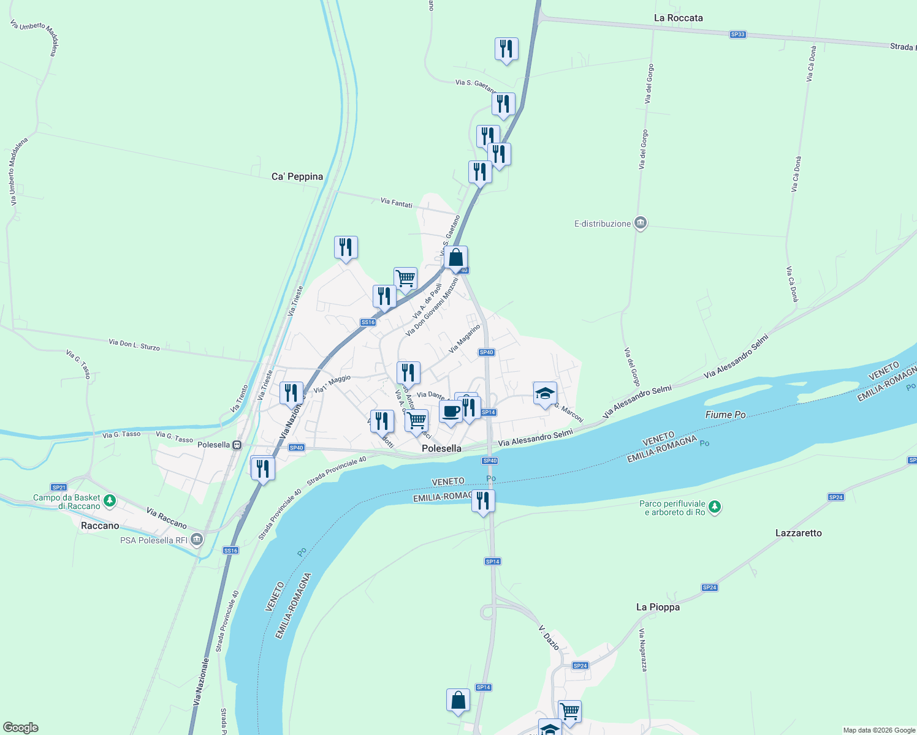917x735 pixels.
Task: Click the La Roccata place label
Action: [x=678, y=18]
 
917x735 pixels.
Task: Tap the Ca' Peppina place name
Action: [x=297, y=176]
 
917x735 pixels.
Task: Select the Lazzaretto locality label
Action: [x=798, y=533]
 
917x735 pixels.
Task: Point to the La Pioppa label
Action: [x=658, y=607]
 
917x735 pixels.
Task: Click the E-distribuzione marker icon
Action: [x=641, y=223]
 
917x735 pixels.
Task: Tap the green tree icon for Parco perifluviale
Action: [x=715, y=507]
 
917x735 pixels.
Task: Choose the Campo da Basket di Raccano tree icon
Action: [x=110, y=501]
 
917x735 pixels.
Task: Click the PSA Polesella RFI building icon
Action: [x=196, y=540]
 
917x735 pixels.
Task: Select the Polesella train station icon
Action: [x=237, y=445]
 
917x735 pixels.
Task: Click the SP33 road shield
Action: [x=737, y=34]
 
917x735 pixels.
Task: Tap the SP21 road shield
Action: [x=59, y=488]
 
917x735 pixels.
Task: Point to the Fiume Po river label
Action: [x=725, y=415]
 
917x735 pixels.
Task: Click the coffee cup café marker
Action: [x=451, y=412]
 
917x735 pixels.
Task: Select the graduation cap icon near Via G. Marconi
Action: [x=545, y=393]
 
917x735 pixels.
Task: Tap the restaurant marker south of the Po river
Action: [x=483, y=501]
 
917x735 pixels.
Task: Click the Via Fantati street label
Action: [x=397, y=202]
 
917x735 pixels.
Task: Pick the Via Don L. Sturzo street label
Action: [x=134, y=345]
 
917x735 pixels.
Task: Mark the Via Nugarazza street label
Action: [x=642, y=650]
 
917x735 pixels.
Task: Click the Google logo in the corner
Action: [x=21, y=728]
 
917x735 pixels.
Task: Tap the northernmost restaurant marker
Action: [x=506, y=49]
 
